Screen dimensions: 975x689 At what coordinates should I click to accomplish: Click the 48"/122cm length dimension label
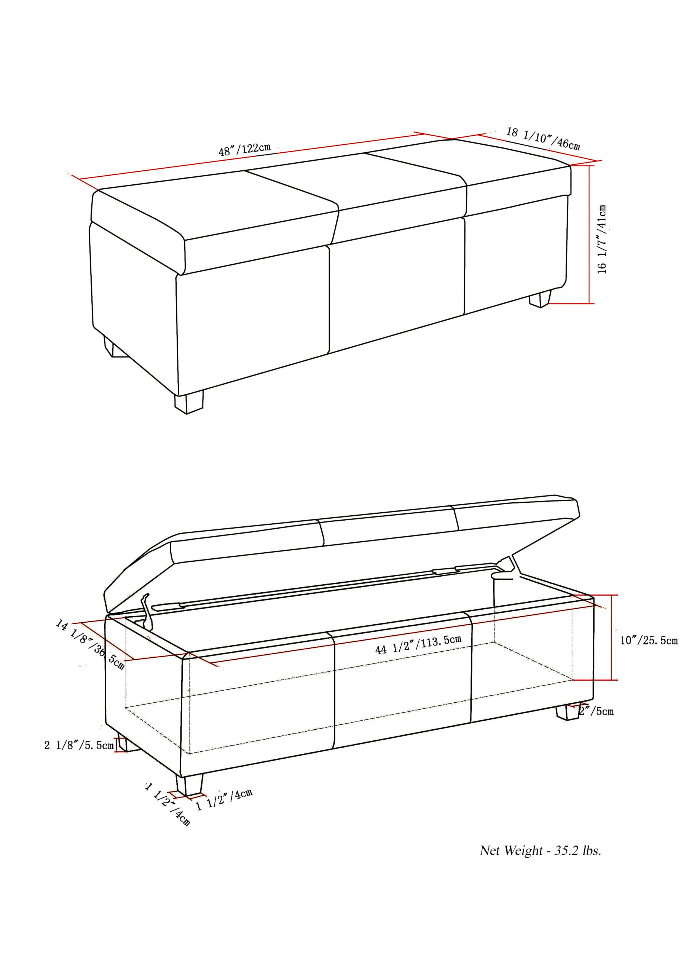tap(244, 149)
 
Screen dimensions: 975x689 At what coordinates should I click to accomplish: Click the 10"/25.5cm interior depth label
tap(648, 640)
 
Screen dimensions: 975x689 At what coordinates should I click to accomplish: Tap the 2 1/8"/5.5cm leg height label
tap(78, 745)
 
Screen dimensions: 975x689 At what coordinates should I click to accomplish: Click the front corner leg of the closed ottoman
tap(188, 402)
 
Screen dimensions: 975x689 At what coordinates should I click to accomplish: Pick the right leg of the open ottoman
tap(567, 712)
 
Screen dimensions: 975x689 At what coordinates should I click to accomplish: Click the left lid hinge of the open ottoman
tap(146, 611)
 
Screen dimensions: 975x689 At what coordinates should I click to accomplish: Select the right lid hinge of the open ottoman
tap(508, 569)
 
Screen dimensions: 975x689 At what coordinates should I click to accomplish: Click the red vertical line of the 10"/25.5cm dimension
tap(611, 637)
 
